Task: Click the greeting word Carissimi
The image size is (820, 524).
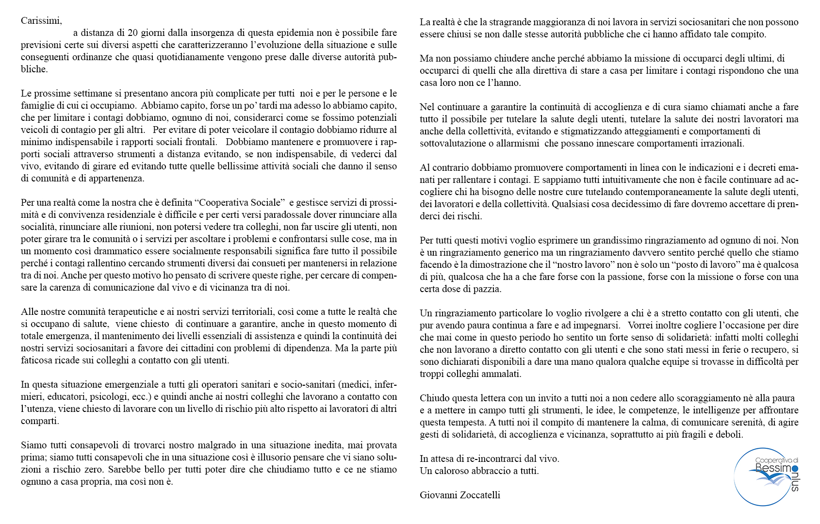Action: coord(41,21)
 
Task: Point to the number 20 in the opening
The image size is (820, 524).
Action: coord(133,33)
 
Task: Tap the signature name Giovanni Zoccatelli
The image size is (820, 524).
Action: coord(460,495)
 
